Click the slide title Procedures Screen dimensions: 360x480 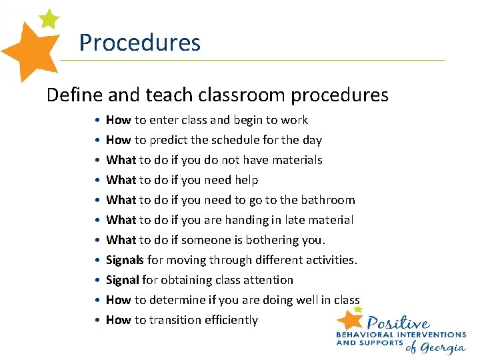139,43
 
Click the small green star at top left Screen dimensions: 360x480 49,19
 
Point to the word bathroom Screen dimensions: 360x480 329,200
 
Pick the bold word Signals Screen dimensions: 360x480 125,260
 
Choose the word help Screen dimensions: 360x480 245,180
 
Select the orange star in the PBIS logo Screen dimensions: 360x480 350,318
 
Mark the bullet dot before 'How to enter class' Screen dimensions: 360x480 97,121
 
